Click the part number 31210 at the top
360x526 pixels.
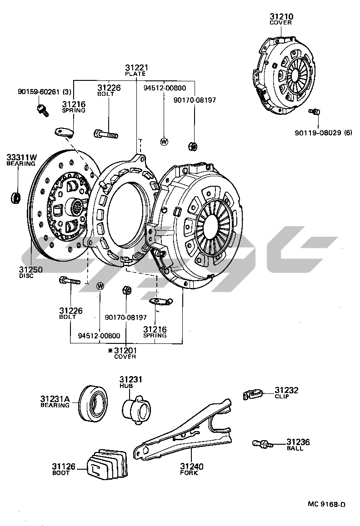[281, 17]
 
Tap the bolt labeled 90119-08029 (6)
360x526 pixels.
[314, 111]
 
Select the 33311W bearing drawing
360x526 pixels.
[16, 198]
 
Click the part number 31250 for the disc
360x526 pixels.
[30, 269]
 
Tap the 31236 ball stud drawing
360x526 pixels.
[261, 443]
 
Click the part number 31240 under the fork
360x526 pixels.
[191, 466]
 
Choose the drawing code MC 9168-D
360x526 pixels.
[326, 504]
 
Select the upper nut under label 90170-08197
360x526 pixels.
[192, 146]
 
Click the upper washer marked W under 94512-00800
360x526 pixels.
[164, 141]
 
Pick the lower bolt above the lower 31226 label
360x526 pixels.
[69, 280]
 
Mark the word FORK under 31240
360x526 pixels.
[189, 473]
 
